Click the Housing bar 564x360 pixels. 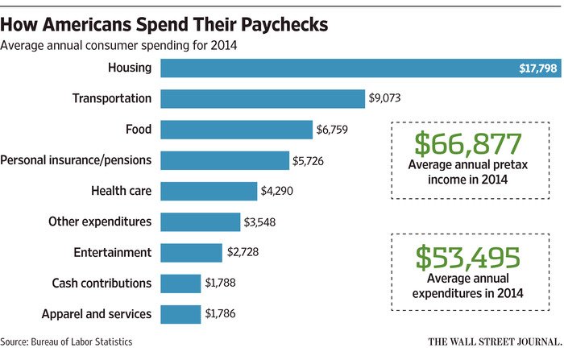355,68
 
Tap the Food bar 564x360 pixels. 236,130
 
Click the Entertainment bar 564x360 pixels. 191,253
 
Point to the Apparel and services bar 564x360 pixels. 180,314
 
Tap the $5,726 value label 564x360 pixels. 313,160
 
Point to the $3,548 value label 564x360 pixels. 265,222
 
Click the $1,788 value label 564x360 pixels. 225,283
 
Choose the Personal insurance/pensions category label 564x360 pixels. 77,160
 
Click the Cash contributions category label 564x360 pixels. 102,283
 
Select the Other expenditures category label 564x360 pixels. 100,221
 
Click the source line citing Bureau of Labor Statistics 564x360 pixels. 67,341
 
